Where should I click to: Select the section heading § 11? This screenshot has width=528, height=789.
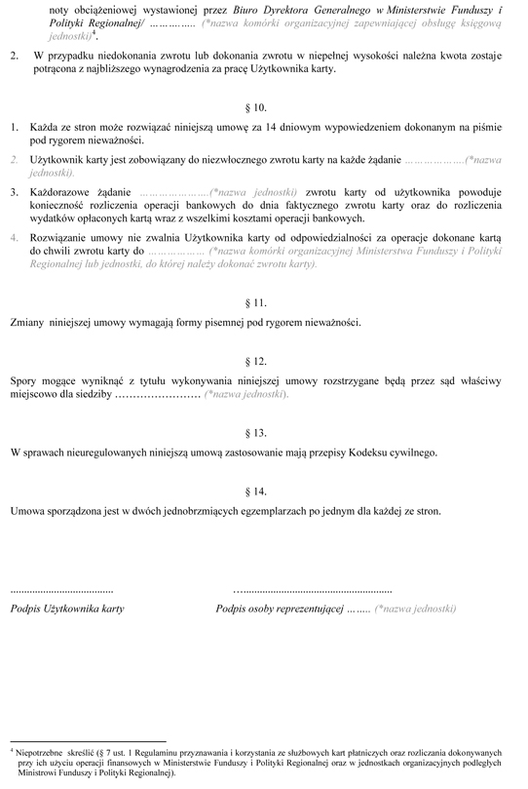(x=265, y=300)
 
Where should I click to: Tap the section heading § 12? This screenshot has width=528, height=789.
(x=265, y=361)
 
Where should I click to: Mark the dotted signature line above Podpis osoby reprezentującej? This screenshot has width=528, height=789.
(x=313, y=591)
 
